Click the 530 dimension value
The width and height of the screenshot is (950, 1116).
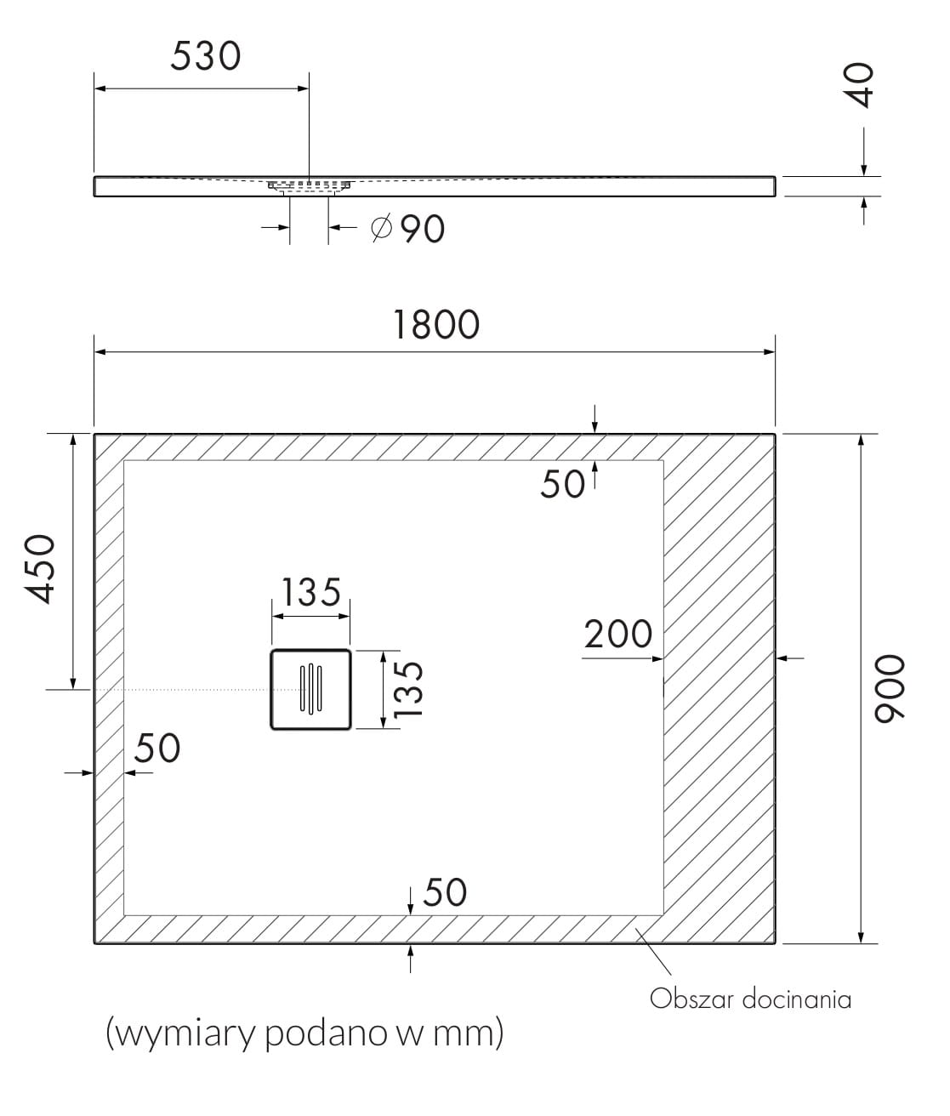pos(205,56)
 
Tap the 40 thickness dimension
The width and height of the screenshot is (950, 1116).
pos(862,85)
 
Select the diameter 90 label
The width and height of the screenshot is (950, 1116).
pos(409,229)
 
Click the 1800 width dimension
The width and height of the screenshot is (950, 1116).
pos(436,325)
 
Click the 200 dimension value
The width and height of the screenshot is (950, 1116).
pos(618,634)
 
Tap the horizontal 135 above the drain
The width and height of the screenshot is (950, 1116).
pos(311,593)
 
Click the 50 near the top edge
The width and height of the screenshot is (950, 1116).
pos(562,485)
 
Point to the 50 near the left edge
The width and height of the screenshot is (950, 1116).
pos(157,749)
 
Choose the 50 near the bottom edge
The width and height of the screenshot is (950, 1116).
pos(445,892)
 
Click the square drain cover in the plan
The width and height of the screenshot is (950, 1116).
pos(310,689)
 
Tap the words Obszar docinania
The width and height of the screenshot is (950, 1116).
pos(750,999)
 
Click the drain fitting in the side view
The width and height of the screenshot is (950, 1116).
pos(309,186)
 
